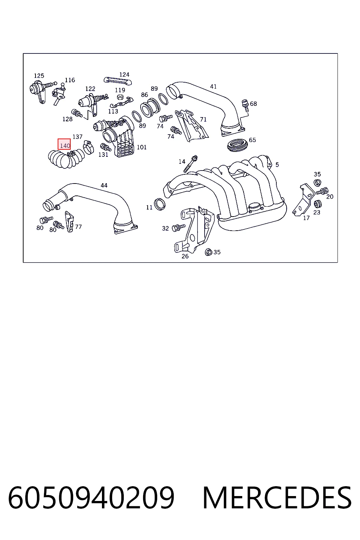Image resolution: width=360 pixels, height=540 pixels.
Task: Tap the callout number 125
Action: point(39,76)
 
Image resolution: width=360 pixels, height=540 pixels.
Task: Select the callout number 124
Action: point(124,75)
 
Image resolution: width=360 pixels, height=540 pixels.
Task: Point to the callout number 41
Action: point(213,86)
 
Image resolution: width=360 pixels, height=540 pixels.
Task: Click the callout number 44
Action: point(104,185)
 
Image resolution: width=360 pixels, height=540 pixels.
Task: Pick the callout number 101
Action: point(142,147)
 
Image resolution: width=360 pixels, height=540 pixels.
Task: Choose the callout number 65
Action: point(252,140)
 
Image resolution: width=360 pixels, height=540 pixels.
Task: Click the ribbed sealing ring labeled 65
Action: point(238,145)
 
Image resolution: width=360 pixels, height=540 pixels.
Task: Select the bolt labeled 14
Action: point(191,164)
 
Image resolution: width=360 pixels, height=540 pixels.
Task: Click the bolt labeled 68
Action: point(245,105)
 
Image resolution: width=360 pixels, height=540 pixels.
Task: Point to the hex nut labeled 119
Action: point(119,97)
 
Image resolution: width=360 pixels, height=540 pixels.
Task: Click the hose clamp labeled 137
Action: point(89,148)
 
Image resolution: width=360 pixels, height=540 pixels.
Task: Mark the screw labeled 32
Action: point(179,227)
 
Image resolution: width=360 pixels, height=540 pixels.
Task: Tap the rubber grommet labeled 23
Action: point(317,204)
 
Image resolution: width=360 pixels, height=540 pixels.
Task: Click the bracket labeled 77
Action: point(70,221)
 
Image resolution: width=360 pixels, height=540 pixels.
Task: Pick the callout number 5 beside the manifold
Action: point(277,165)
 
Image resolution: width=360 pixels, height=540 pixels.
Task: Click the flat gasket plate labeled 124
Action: point(118,81)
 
